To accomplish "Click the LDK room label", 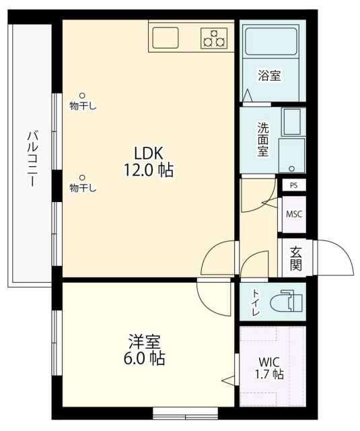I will coord(147,153).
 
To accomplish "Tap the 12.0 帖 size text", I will coord(147,170).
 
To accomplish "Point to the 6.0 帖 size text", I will coord(145,359).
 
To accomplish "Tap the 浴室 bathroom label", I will coord(269,76).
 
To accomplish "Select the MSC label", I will coord(294,214).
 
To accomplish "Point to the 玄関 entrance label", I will coord(295,257).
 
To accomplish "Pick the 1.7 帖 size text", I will coord(268,375).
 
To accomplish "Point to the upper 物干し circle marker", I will coord(83,96).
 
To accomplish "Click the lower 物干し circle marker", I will coord(83,178).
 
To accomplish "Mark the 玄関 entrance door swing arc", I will coord(336,256).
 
